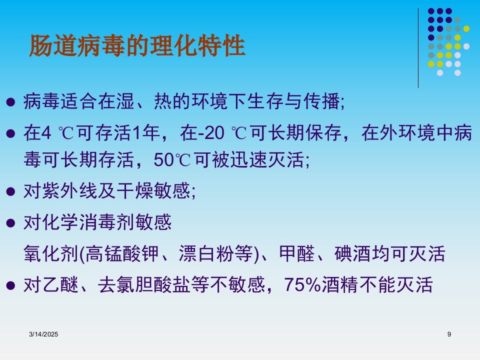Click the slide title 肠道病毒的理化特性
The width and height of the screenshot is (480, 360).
pos(137,45)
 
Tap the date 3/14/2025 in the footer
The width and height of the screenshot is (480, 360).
pos(43,334)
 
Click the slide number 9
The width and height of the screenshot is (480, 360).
pos(449,334)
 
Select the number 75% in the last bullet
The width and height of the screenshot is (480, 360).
pos(302,284)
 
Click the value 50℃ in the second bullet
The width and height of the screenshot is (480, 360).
pos(172,159)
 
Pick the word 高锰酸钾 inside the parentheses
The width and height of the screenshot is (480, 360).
pos(122,253)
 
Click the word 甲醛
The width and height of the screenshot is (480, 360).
pos(297,253)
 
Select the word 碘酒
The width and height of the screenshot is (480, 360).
pos(352,253)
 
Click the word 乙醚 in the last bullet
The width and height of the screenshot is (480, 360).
pos(60,284)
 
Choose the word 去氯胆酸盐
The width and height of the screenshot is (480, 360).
pos(144,284)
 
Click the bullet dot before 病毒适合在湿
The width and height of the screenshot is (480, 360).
pos(10,102)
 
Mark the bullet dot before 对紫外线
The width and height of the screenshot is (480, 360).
pos(10,191)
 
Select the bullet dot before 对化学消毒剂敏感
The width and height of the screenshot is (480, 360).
pos(10,223)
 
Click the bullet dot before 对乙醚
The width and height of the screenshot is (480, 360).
pos(10,285)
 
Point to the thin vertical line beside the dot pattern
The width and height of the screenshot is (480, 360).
pos(418,48)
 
